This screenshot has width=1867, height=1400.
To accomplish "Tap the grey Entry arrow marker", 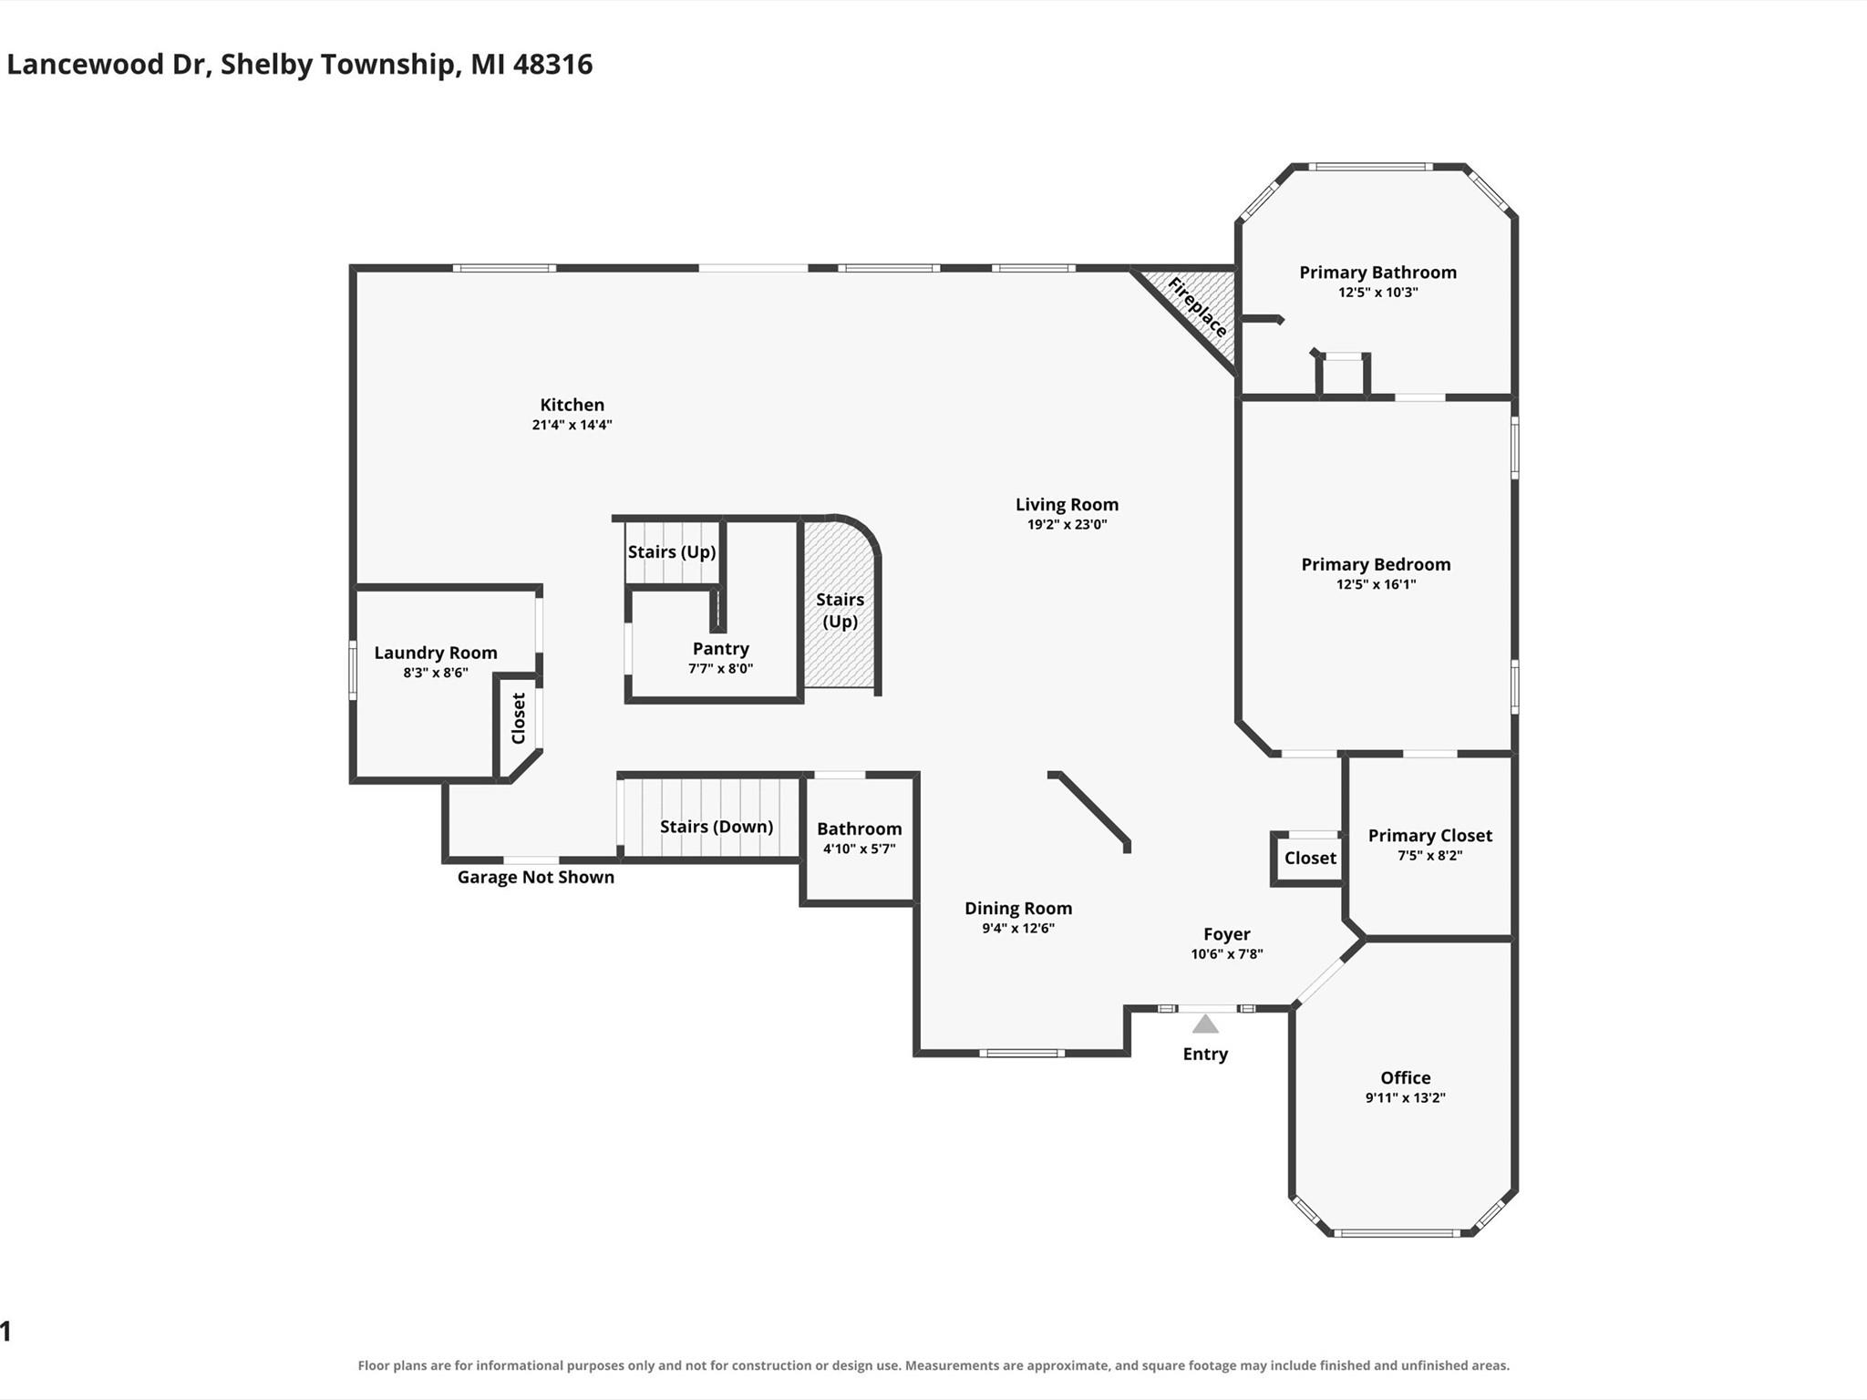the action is (x=1205, y=1024).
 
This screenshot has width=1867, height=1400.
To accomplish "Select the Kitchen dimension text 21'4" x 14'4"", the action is (x=572, y=425).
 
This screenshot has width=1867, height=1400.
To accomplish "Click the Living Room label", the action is (x=1067, y=505).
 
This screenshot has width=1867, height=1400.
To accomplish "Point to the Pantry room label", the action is (x=720, y=649).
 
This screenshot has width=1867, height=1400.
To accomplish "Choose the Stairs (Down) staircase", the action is (x=711, y=817).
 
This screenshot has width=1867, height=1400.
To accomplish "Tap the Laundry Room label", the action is (x=436, y=653).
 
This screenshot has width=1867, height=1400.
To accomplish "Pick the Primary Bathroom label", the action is (x=1377, y=273).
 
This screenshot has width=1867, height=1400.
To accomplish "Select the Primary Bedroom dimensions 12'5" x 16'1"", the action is (x=1376, y=584).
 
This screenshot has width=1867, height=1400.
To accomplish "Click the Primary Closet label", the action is (x=1429, y=836).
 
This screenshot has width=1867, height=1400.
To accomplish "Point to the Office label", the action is (x=1405, y=1078).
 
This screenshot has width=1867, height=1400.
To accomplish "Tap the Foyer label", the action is (x=1226, y=934).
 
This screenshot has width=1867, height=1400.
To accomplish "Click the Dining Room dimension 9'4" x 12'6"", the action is (x=1017, y=929).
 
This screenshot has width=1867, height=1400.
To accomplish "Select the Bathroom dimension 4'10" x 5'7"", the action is (x=859, y=849).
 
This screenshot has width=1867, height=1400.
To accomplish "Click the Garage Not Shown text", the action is (x=535, y=878).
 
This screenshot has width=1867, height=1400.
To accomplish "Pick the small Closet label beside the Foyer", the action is (x=1310, y=859).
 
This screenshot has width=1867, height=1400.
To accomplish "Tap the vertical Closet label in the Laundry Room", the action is (x=519, y=718).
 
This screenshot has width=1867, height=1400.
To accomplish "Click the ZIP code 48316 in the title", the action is (x=552, y=65).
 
